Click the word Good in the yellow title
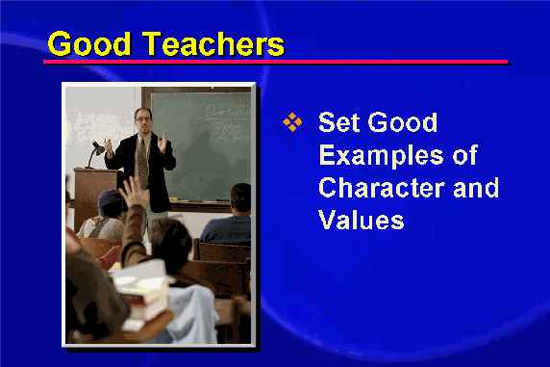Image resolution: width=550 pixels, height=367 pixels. (89, 43)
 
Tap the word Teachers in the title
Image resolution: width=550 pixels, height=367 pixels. (213, 43)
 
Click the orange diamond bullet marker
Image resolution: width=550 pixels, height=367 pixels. (292, 122)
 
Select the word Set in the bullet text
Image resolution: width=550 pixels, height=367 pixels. (338, 122)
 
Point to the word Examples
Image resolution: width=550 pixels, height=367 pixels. (382, 155)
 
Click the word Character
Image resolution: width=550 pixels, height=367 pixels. (382, 188)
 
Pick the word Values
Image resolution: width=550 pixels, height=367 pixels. (362, 220)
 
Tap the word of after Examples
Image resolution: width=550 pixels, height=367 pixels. (465, 155)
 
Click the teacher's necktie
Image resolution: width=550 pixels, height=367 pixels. (142, 160)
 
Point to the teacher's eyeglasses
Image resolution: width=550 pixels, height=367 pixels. (142, 119)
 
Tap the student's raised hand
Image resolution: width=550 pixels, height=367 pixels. (133, 193)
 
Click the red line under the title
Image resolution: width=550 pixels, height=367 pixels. (276, 62)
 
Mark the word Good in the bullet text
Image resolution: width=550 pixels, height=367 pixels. (402, 122)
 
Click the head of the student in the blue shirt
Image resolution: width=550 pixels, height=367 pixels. (240, 199)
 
